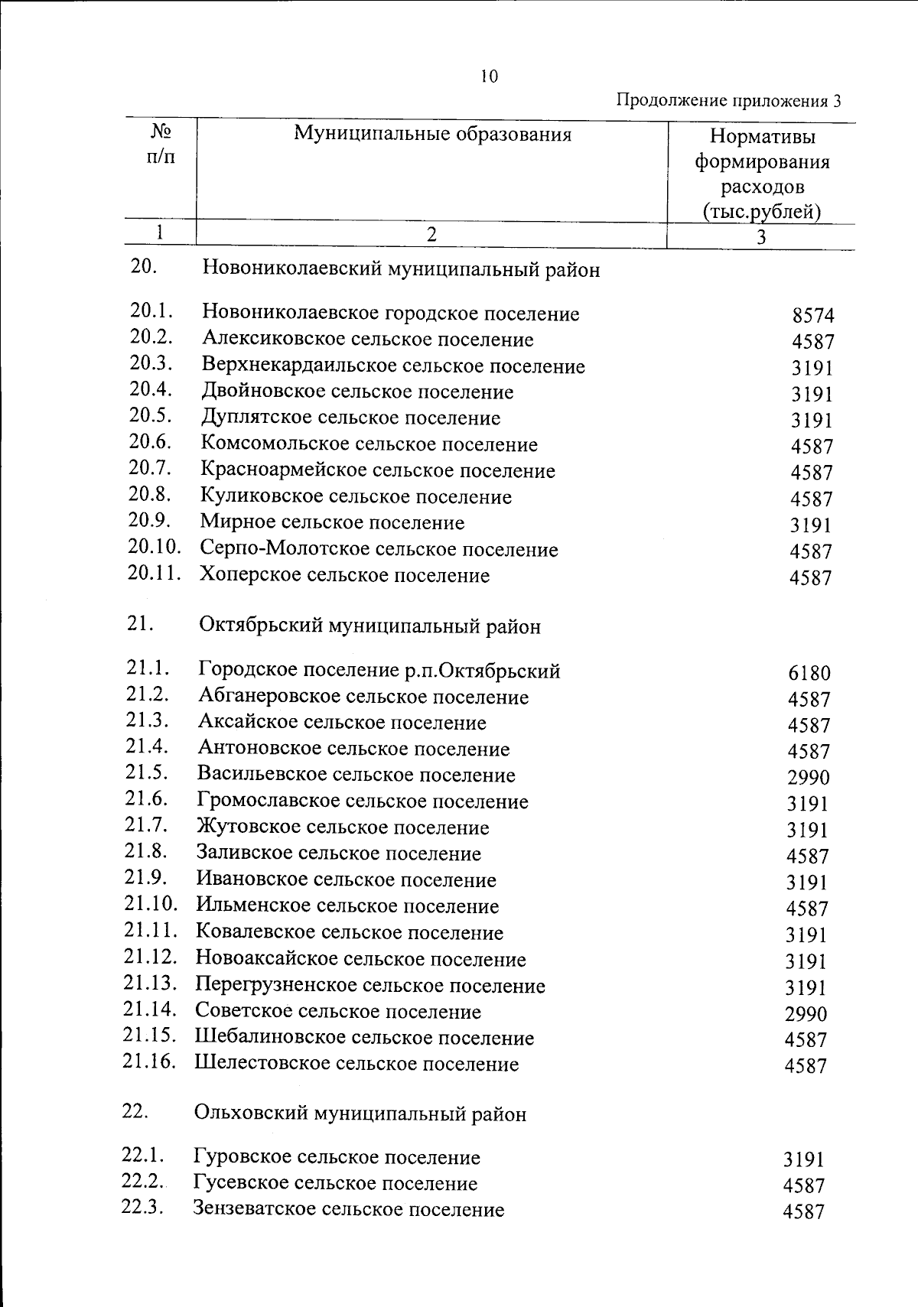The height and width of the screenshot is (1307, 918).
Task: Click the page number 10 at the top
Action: [x=490, y=76]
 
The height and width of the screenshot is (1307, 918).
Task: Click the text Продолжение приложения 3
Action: [x=728, y=101]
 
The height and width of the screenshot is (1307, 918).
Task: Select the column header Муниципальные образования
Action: [x=433, y=135]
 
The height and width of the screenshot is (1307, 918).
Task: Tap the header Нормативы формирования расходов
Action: [x=761, y=174]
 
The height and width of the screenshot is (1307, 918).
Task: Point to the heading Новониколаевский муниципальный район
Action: [x=401, y=270]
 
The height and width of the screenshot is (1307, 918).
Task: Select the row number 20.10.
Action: [x=154, y=548]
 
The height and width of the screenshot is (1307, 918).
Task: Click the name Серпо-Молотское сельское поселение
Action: [x=379, y=549]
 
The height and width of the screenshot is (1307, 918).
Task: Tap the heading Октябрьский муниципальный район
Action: [x=369, y=626]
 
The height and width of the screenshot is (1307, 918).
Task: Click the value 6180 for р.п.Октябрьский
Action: [x=809, y=674]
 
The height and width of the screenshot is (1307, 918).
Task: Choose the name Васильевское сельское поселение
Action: [x=356, y=775]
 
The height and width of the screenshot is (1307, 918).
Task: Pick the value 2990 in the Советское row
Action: [x=806, y=1014]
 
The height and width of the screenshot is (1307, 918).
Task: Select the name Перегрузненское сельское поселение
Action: [x=370, y=986]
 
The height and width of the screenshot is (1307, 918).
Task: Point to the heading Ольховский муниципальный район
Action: [x=360, y=1114]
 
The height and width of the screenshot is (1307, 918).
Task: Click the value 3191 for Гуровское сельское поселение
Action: [x=803, y=1159]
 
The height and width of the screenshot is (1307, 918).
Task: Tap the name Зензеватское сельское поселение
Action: [x=349, y=1210]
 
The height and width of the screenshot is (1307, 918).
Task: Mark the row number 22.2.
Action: [x=143, y=1182]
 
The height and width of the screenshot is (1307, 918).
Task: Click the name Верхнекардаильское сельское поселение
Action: [x=393, y=366]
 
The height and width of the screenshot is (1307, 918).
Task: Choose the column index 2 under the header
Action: [x=431, y=235]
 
